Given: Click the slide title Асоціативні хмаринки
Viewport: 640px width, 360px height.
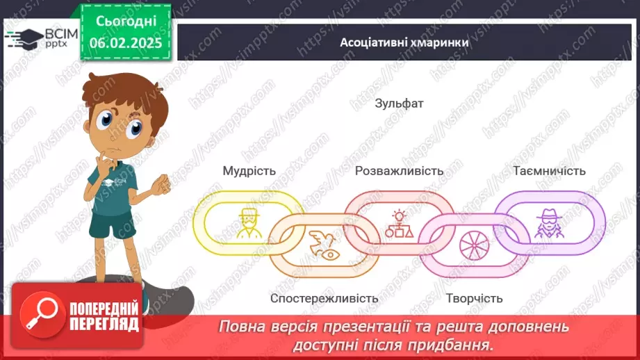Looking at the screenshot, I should (x=404, y=42).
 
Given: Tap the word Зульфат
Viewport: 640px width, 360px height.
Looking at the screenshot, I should (x=399, y=104).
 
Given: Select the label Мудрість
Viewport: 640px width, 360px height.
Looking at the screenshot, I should (x=249, y=171).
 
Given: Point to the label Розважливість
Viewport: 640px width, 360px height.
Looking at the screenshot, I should (x=399, y=171).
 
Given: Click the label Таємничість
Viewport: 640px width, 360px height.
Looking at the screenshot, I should (x=549, y=171).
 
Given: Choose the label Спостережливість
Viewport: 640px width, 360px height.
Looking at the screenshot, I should (x=325, y=298).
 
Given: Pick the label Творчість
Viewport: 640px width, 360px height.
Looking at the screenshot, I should (x=474, y=298).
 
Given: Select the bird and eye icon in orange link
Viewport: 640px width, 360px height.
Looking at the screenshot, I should (x=324, y=245).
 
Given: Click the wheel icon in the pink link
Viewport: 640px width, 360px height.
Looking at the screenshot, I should (x=474, y=245).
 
